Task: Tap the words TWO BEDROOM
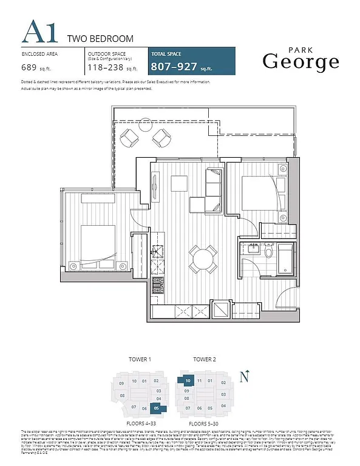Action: (x=100, y=39)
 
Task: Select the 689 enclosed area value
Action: (x=29, y=68)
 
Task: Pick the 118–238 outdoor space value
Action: (x=104, y=68)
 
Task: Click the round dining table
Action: (x=203, y=257)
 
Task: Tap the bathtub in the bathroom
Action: (x=284, y=258)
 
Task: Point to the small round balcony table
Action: (x=144, y=138)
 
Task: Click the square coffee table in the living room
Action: (x=178, y=183)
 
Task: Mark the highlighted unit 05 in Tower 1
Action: (x=156, y=408)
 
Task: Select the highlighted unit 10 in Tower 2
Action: (x=188, y=381)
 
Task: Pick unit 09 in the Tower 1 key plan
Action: (x=121, y=383)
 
